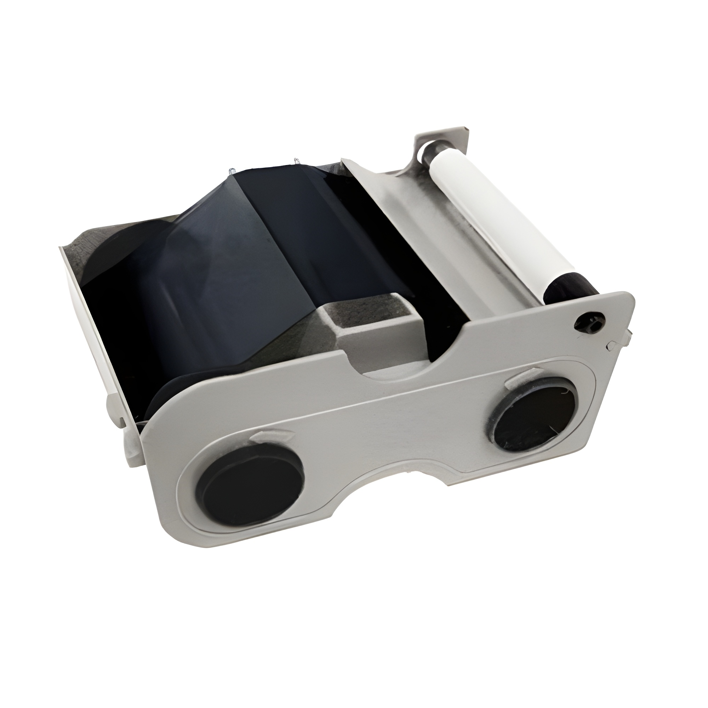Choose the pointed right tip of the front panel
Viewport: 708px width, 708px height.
click(630, 308)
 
